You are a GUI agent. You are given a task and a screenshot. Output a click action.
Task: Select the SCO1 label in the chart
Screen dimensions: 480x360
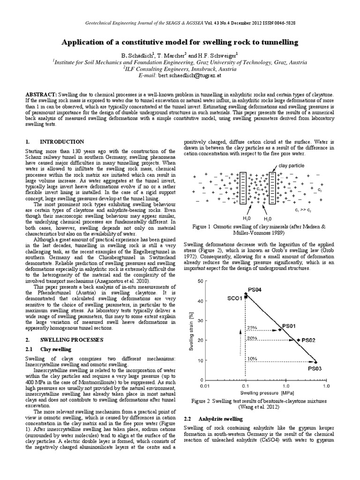point(235,298)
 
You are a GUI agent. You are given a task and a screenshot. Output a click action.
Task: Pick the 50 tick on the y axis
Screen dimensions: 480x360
point(200,281)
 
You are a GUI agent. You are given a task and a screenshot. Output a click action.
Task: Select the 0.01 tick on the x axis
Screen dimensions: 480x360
point(204,386)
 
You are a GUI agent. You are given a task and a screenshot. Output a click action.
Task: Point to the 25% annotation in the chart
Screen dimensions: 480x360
point(252,328)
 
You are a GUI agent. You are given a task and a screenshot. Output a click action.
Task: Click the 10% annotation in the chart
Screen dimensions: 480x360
point(252,359)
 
